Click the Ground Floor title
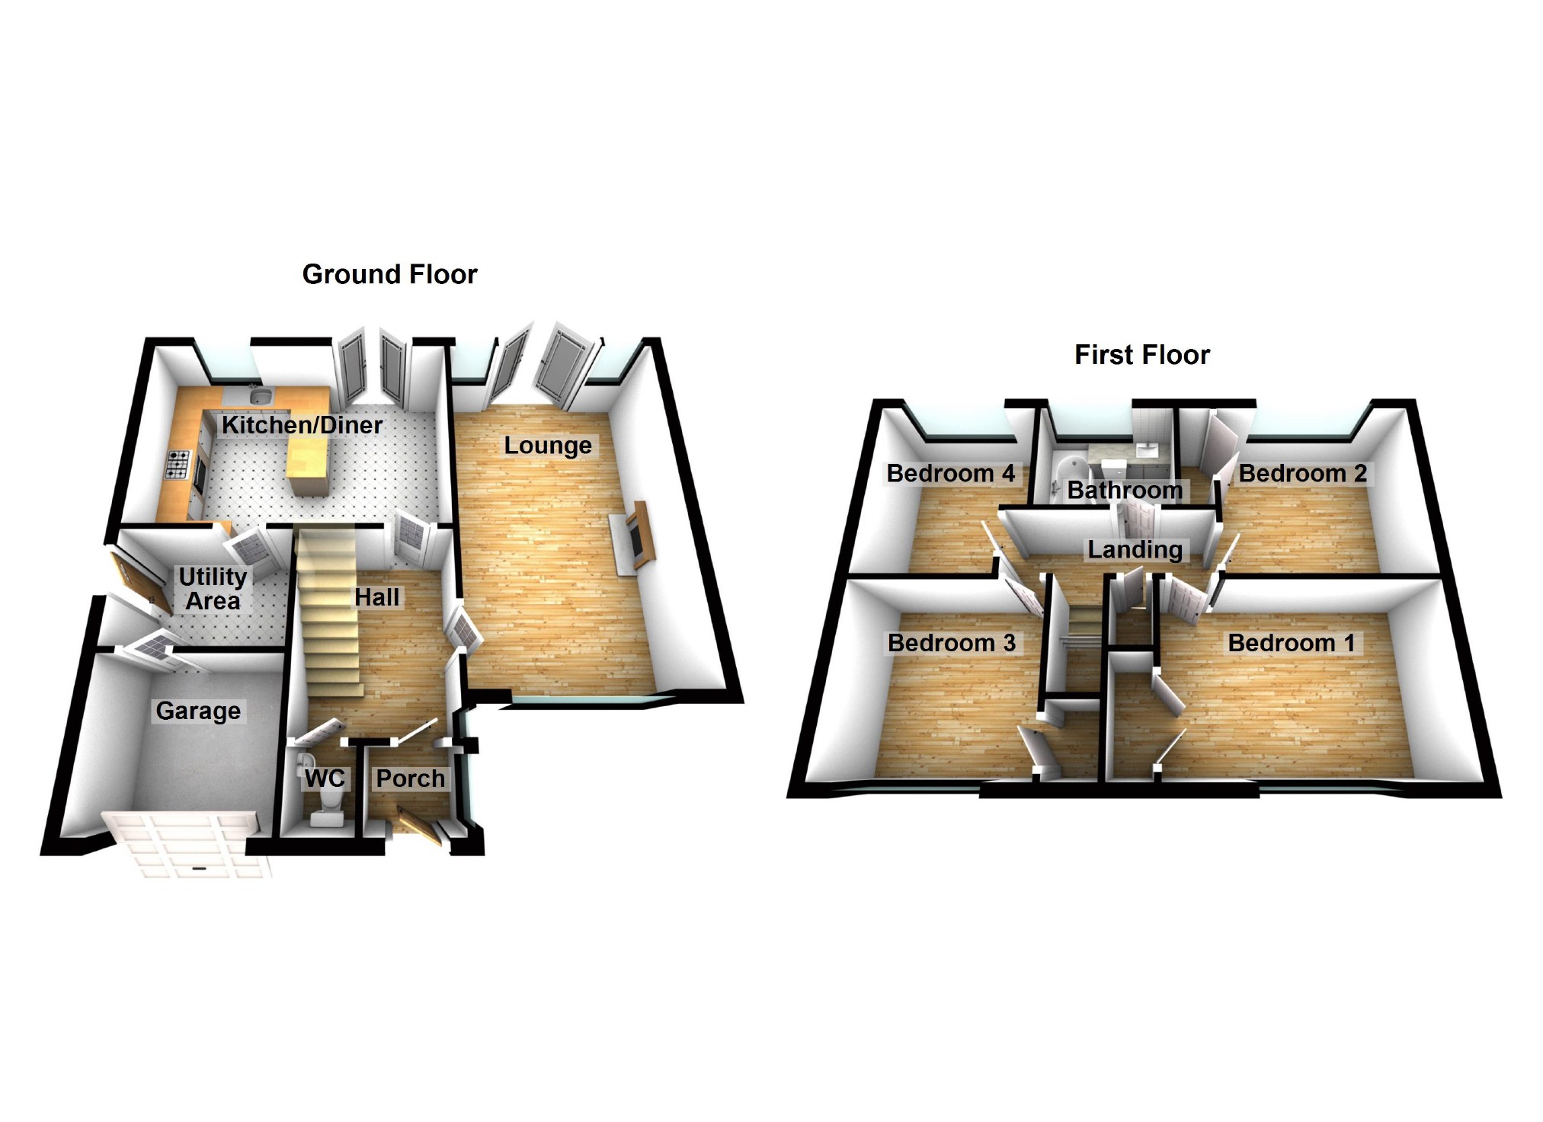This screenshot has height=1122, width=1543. tap(389, 274)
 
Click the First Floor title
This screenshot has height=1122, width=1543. tap(1141, 355)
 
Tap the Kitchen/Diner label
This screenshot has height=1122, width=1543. tap(302, 425)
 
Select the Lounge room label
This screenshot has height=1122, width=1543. tap(548, 446)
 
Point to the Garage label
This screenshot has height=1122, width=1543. tap(198, 711)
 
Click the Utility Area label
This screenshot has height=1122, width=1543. tap(213, 589)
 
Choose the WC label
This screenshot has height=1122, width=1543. tap(325, 778)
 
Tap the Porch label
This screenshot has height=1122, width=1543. tap(410, 778)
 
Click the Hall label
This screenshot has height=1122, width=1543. tap(376, 597)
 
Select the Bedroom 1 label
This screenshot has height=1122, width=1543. tap(1292, 643)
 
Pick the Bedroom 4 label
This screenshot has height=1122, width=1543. tap(950, 474)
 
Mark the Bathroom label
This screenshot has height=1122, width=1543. tap(1125, 490)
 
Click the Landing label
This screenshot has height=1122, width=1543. tap(1135, 549)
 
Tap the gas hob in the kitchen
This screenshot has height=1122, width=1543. tap(178, 464)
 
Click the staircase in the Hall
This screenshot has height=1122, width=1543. tap(328, 609)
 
